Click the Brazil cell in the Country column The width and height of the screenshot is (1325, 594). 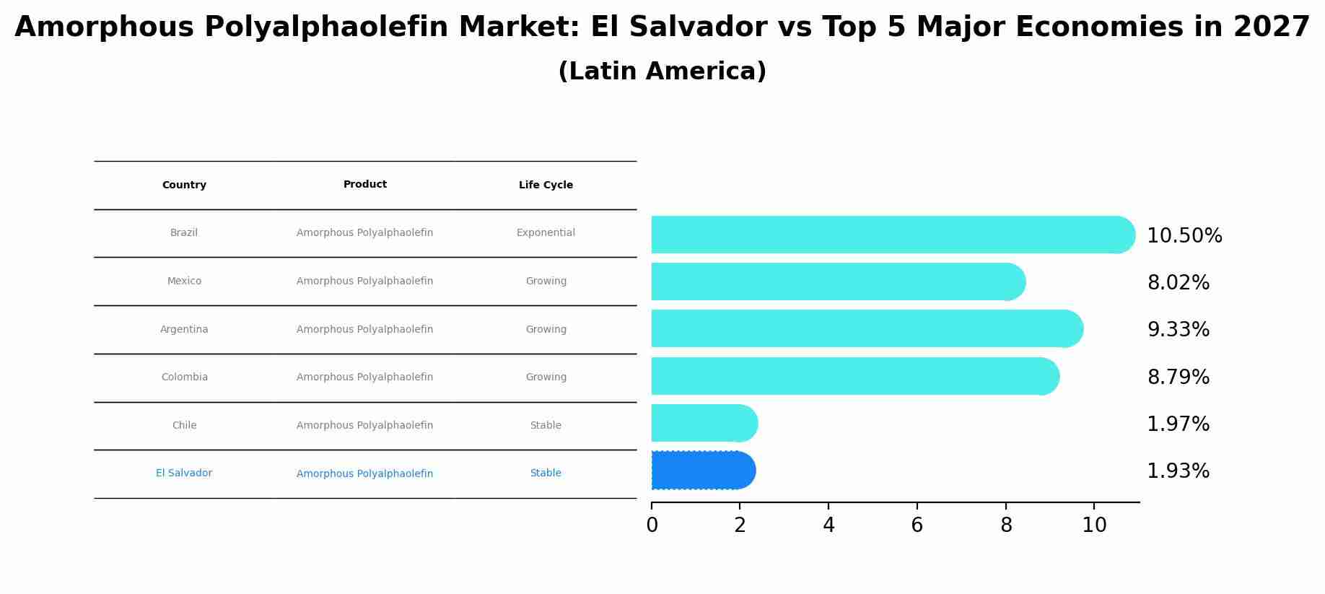[184, 233]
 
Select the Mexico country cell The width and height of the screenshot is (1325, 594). [184, 281]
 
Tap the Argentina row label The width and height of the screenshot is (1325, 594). [184, 330]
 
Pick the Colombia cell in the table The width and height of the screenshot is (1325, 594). [184, 377]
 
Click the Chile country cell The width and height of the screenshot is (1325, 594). [184, 426]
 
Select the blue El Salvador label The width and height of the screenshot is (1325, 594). [184, 473]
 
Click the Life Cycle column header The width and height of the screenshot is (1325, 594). [546, 185]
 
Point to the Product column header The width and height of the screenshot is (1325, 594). [365, 185]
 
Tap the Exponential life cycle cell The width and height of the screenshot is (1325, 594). [546, 233]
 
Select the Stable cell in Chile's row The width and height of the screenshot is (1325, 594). [546, 426]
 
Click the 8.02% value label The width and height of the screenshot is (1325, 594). [1178, 283]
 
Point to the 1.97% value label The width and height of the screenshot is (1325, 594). [1178, 424]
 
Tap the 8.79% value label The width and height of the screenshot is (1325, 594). [1178, 377]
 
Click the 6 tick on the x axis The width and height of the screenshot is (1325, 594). [917, 525]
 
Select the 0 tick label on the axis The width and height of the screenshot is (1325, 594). [652, 525]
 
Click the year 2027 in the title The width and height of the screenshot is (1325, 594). [1271, 27]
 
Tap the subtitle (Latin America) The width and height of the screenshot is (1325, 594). [662, 71]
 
